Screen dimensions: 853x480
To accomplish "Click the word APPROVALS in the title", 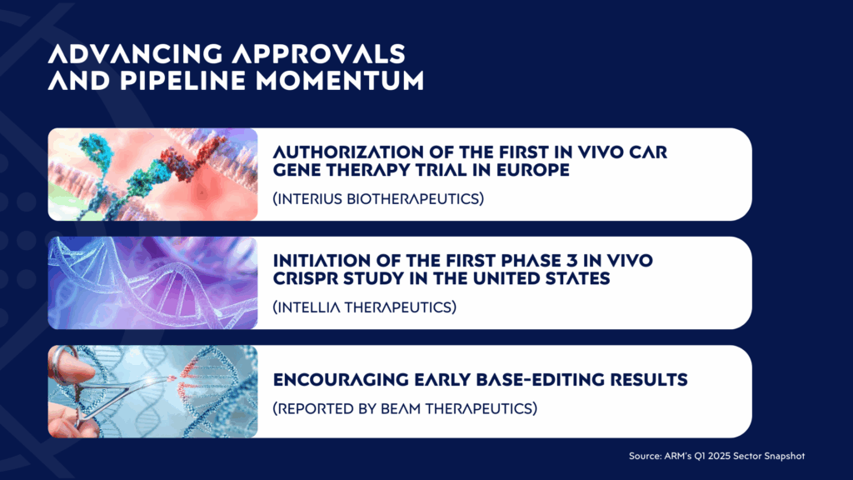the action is [318, 54].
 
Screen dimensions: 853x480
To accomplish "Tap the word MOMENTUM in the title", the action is [340, 81].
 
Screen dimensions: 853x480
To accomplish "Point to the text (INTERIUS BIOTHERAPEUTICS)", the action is [378, 198].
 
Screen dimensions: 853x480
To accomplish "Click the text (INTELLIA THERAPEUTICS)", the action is [365, 307].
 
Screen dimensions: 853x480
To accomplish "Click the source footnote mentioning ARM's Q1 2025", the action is [716, 456].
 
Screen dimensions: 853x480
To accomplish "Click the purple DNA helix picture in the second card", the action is [153, 283].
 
